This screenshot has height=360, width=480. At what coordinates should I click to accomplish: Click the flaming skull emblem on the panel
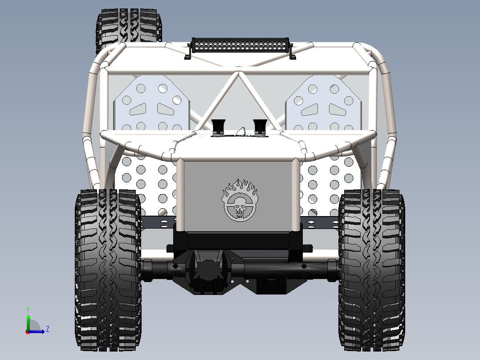(240, 200)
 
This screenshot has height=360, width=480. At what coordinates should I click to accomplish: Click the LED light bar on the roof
(240, 45)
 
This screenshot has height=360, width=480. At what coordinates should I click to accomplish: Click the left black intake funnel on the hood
(218, 126)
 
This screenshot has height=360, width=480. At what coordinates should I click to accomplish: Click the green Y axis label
(28, 309)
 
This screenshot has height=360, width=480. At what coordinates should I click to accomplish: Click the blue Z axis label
(47, 329)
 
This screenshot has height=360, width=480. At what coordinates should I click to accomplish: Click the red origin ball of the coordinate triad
(28, 331)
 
